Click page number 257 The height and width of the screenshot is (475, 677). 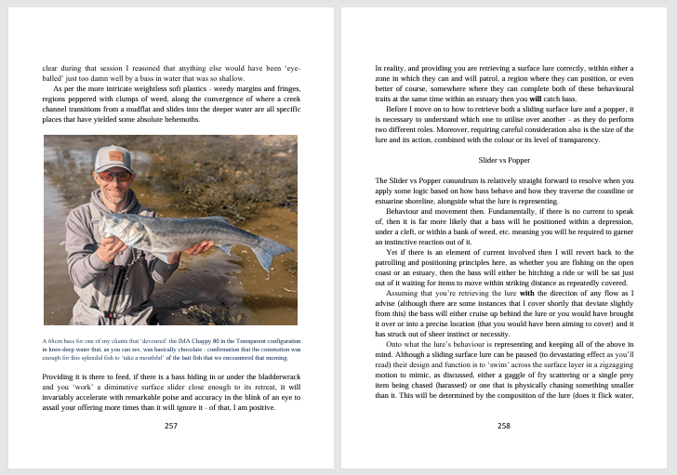pos(170,426)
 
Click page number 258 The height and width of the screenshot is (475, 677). pos(504,426)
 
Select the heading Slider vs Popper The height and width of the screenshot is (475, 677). pos(504,160)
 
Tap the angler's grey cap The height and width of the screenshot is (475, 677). pos(113,158)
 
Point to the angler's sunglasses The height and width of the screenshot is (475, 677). pos(113,174)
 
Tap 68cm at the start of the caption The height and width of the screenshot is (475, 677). pos(52,340)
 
